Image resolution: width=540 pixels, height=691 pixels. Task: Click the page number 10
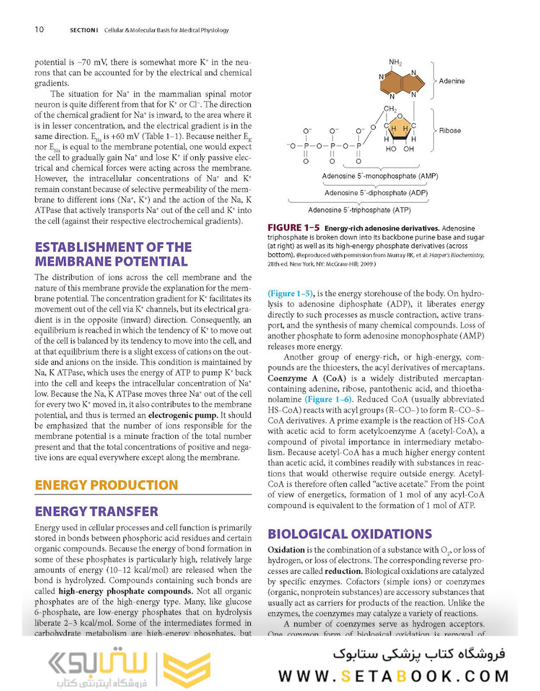click(x=39, y=29)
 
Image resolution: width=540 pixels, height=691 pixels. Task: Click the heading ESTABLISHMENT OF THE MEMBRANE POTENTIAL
click(x=113, y=254)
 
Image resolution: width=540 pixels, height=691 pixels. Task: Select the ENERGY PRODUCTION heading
click(x=106, y=485)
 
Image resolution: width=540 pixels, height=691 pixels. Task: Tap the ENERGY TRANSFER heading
click(x=97, y=511)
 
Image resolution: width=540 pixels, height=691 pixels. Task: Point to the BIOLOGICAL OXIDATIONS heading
click(x=349, y=534)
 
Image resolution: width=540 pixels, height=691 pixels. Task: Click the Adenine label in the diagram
click(x=452, y=81)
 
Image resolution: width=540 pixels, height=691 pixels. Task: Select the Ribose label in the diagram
click(x=450, y=131)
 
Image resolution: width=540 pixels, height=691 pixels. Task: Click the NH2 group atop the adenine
click(x=395, y=63)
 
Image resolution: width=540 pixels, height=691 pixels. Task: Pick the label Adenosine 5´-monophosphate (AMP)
click(x=379, y=176)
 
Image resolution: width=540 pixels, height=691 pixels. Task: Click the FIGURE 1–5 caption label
click(x=293, y=228)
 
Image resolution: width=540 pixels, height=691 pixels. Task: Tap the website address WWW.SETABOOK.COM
click(x=393, y=676)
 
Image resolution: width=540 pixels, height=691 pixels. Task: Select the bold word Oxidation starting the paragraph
click(x=286, y=550)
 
